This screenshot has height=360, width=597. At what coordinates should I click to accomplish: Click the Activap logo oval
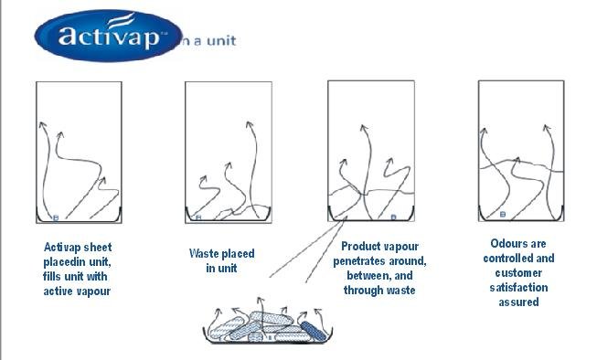108,36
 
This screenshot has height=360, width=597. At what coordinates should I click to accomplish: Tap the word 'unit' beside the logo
221,41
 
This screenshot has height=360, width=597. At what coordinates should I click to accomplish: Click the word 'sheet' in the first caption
98,248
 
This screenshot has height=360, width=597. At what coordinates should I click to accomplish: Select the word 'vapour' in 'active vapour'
92,291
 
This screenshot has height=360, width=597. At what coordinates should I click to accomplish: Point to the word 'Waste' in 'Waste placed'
204,253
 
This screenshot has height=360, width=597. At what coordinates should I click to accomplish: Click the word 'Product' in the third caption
360,247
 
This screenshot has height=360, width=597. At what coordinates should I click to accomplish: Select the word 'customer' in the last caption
518,273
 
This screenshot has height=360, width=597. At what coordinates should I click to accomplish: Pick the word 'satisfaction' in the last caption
518,287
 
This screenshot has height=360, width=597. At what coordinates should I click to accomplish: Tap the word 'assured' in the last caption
518,302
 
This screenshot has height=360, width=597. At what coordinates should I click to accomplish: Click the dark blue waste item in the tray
314,331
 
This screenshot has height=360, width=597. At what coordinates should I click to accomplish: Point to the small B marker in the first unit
56,218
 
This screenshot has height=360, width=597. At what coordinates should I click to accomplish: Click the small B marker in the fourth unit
502,215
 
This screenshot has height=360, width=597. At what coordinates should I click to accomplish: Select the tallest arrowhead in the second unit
249,125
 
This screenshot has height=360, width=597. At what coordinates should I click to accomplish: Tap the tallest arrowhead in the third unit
364,129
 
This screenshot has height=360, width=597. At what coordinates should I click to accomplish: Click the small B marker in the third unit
393,217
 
